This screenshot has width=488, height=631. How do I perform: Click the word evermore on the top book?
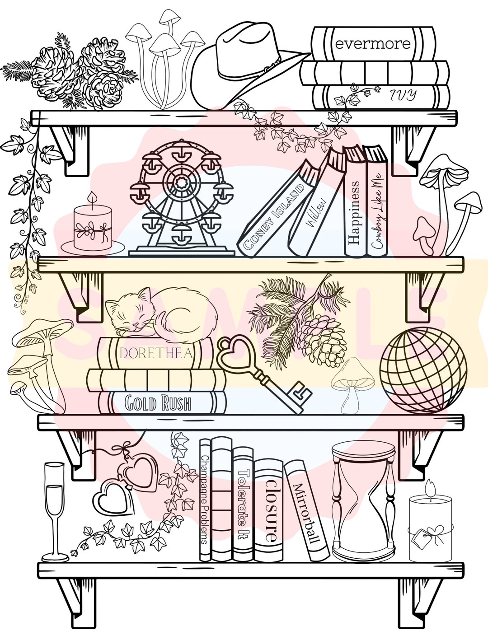coord(373,44)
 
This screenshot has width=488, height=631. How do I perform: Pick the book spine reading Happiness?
coord(355,212)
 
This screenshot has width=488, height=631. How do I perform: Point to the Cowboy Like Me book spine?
coord(378,210)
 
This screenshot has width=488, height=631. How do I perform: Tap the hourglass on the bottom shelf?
coord(364,501)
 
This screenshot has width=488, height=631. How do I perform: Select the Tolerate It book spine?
coord(244,504)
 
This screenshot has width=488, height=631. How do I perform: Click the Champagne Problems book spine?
coord(205,499)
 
